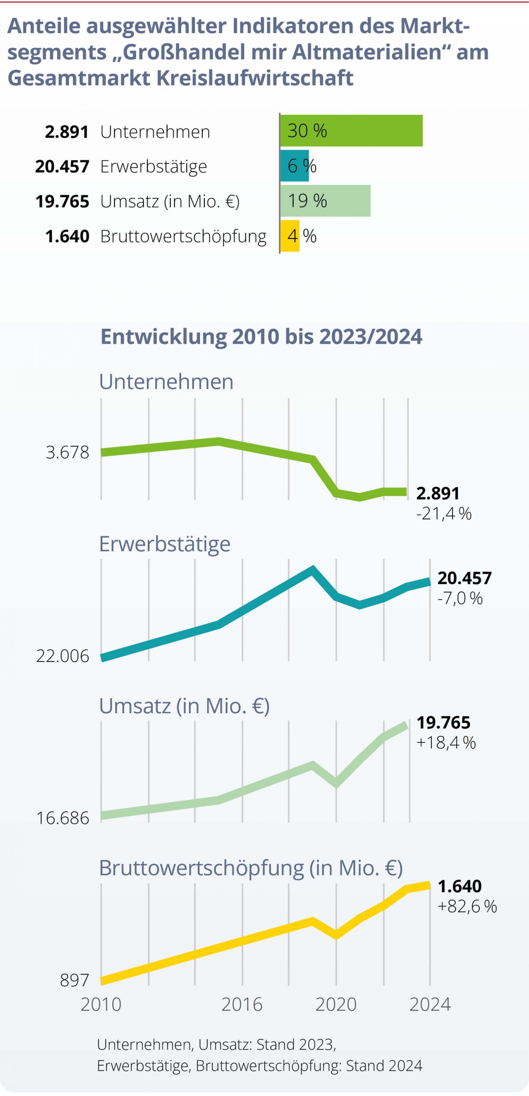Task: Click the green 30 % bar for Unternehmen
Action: (351, 131)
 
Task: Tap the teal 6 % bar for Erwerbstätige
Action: (294, 166)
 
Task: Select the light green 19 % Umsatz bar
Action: (326, 201)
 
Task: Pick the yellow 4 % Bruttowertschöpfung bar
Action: (290, 236)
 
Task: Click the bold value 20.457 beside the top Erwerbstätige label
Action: (63, 166)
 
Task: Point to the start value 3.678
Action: (68, 452)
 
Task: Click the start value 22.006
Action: (63, 656)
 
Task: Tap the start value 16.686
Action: (63, 818)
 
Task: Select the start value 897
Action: (75, 980)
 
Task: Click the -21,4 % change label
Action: (444, 513)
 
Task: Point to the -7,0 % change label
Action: (460, 598)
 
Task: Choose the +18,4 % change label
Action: (446, 743)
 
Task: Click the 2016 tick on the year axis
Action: (242, 1004)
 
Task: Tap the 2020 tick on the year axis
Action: (336, 1004)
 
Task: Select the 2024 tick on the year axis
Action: (430, 1004)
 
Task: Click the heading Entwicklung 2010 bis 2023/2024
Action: (261, 337)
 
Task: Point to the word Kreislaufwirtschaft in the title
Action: (255, 78)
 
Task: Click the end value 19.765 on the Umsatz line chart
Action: (443, 723)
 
